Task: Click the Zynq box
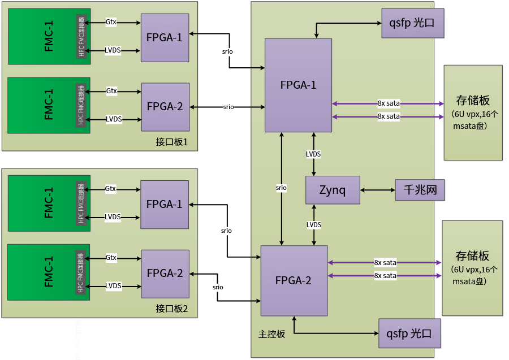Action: (333, 190)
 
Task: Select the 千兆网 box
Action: (420, 190)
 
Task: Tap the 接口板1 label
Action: (175, 141)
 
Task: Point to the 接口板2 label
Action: (175, 309)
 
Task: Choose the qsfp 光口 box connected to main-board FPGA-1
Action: (411, 23)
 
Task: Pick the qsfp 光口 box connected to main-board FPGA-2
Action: (409, 334)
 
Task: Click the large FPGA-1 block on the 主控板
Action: (298, 85)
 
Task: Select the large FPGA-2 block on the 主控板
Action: (294, 280)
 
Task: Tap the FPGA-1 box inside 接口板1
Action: (165, 38)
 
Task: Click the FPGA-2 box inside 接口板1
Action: (165, 106)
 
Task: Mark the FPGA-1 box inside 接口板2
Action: (165, 204)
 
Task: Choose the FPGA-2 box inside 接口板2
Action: (165, 274)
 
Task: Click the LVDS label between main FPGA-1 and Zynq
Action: (313, 154)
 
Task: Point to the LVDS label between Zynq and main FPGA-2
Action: (314, 225)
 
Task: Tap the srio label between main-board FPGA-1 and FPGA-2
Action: (281, 187)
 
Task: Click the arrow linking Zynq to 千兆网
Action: (377, 190)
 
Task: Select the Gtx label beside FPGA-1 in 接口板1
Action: (111, 23)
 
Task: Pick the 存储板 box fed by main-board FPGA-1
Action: (473, 112)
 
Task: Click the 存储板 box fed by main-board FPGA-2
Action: (472, 268)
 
